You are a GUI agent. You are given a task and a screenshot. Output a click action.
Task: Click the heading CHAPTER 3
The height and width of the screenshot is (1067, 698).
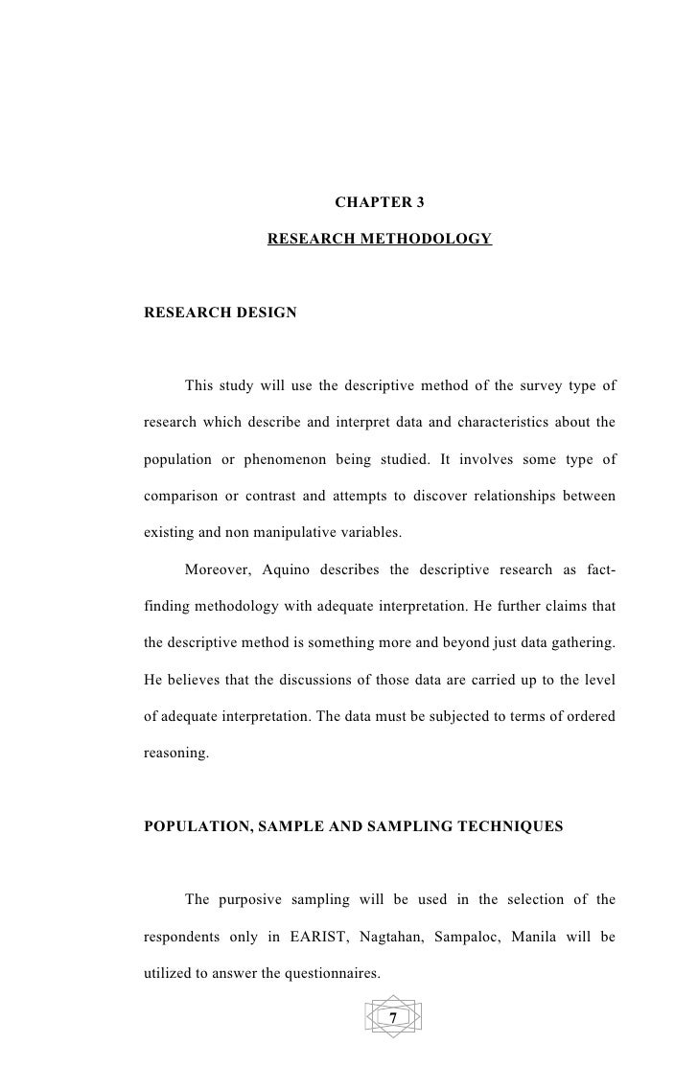point(379,203)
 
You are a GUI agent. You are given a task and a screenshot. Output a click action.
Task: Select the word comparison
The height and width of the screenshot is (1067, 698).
point(178,497)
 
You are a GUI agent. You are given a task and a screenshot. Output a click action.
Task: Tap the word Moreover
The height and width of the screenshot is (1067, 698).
point(217,571)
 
